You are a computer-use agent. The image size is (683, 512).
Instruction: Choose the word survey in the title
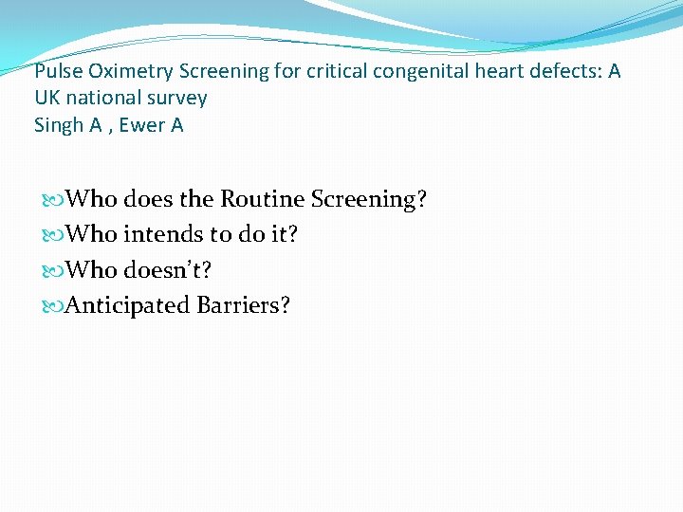pos(176,99)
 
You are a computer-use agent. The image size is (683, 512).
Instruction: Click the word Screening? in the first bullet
pos(370,200)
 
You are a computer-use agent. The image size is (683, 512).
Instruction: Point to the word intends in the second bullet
pos(158,234)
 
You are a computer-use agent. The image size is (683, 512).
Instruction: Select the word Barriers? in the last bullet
pos(244,305)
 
